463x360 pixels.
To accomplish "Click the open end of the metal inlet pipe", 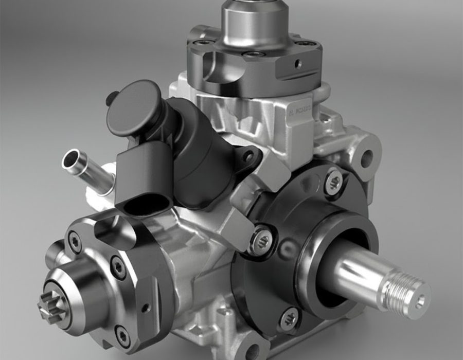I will tap(70, 158).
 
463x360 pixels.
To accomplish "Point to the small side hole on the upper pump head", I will tap(296, 64).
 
